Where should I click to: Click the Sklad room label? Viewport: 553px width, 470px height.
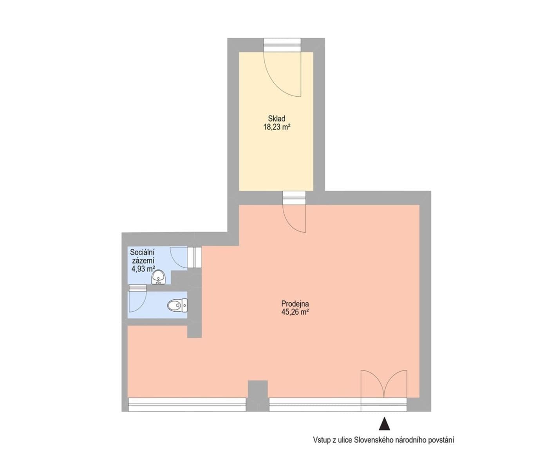276,118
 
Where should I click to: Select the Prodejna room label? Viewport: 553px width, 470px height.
295,303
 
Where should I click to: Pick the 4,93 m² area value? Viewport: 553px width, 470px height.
143,269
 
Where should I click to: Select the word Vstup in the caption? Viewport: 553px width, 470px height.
320,440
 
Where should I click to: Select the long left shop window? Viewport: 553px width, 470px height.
187,405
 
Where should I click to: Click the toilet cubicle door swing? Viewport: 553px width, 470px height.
137,300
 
